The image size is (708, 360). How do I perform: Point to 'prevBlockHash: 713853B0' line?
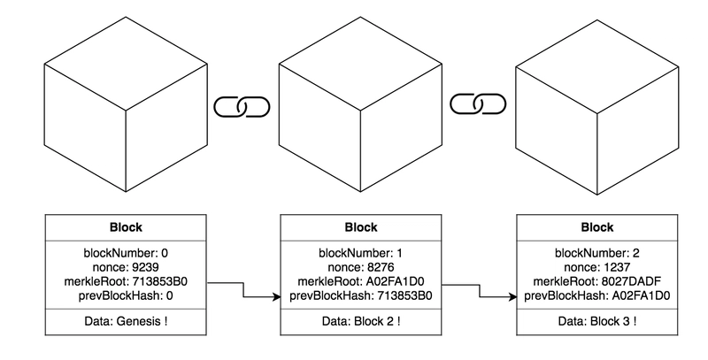tap(361, 295)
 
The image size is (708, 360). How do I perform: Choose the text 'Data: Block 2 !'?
tap(361, 322)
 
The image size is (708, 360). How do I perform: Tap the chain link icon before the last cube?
tap(478, 103)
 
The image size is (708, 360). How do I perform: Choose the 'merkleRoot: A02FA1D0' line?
tap(361, 281)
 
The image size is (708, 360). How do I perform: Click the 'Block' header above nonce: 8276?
tap(361, 226)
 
